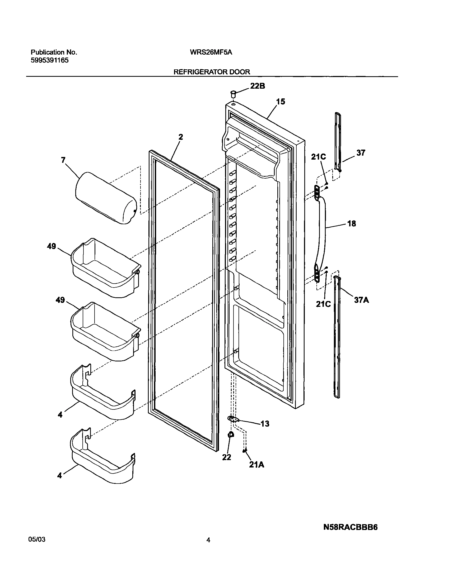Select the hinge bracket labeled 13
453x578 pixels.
coord(233,419)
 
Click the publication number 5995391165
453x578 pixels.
coord(50,60)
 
